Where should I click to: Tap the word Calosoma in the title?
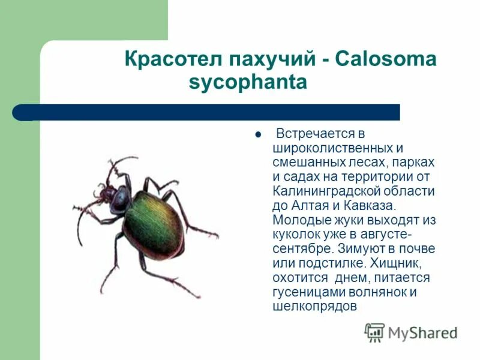tap(386, 60)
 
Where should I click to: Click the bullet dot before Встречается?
tap(257, 134)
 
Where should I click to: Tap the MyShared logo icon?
tap(374, 332)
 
